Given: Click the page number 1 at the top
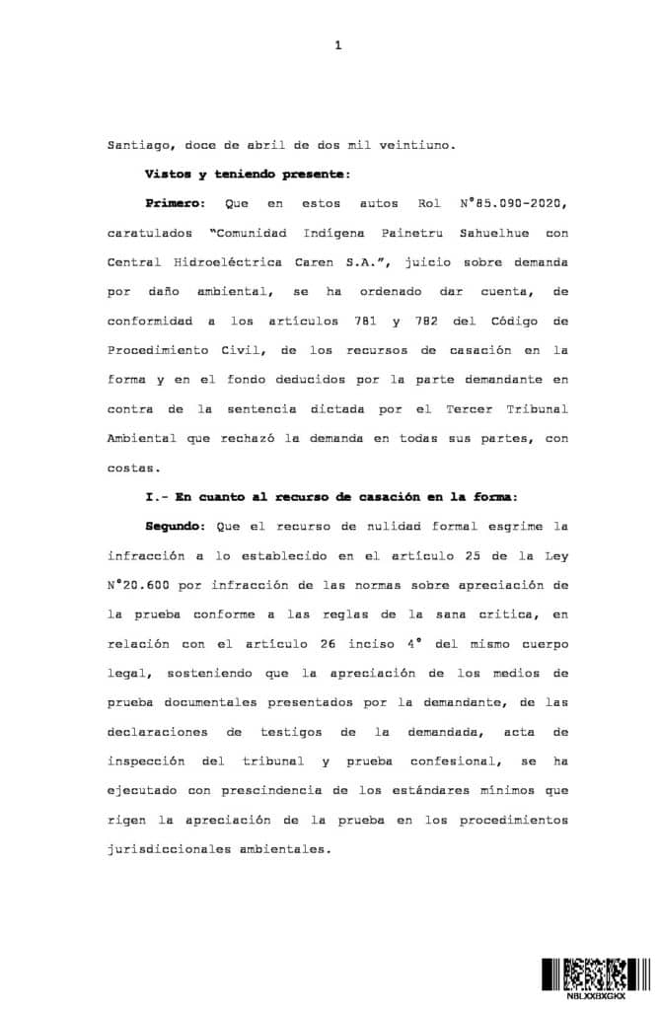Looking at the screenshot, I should [x=337, y=45].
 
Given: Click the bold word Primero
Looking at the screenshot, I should [x=173, y=203].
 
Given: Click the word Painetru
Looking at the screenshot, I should [x=391, y=233].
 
